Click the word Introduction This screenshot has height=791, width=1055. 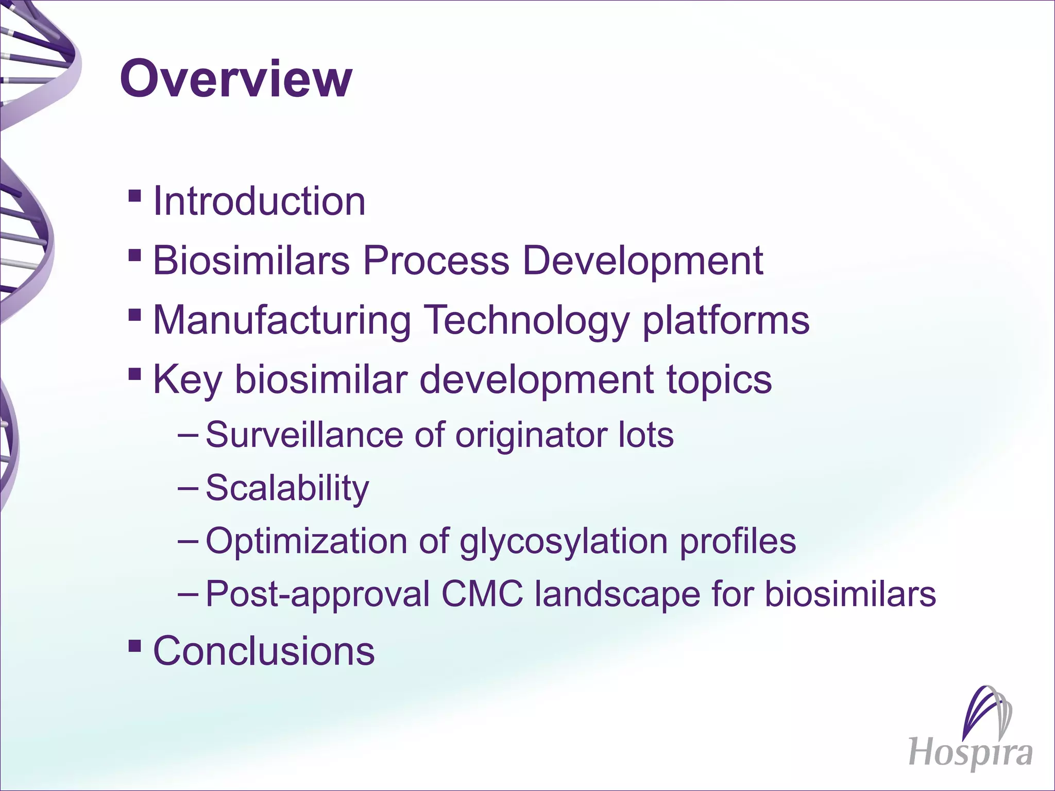click(259, 201)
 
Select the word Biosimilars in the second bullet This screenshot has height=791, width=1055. click(251, 261)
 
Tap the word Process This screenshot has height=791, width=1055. click(436, 261)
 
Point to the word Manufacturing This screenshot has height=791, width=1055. click(282, 320)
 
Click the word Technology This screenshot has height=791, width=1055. click(528, 320)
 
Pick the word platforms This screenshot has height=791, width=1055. click(726, 320)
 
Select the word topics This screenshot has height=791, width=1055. click(719, 380)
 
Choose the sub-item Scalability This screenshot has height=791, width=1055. click(287, 488)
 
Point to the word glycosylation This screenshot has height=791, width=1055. click(564, 541)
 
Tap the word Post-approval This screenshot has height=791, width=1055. click(318, 594)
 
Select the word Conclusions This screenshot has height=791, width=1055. click(264, 651)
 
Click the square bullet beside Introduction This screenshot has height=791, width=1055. click(134, 196)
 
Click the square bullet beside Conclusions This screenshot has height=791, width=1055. click(134, 645)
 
